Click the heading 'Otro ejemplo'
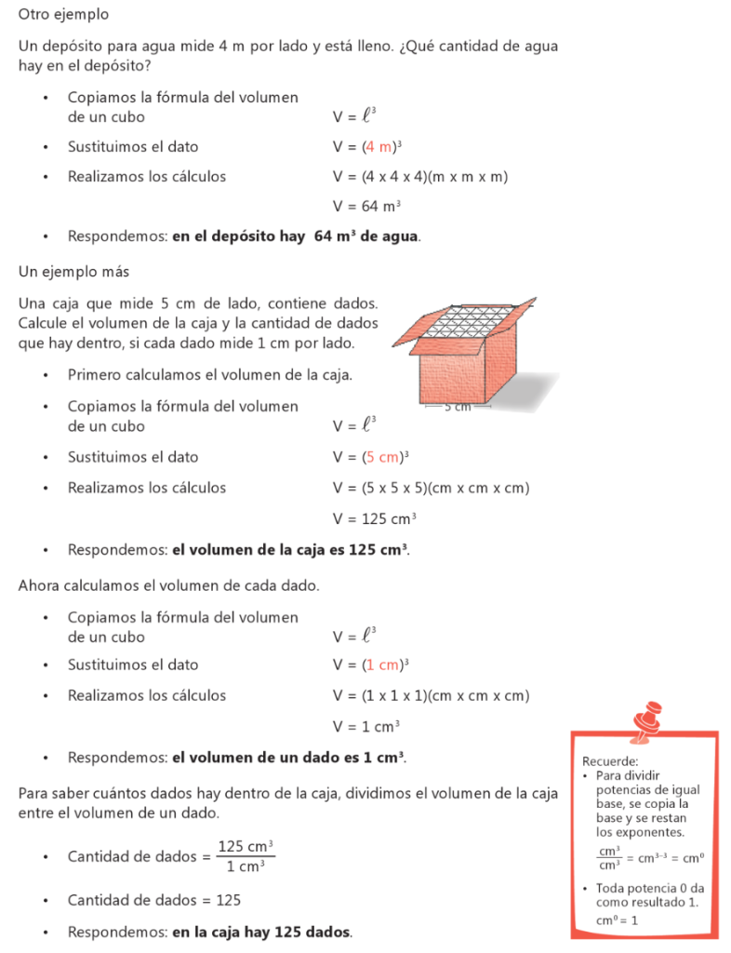point(63,15)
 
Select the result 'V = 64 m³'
point(366,207)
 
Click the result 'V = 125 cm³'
point(374,518)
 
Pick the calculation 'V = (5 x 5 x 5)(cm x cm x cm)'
point(431,488)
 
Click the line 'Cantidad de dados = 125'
point(153,901)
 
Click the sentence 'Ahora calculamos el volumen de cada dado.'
point(168,586)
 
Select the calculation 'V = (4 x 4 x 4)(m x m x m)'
point(419,177)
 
